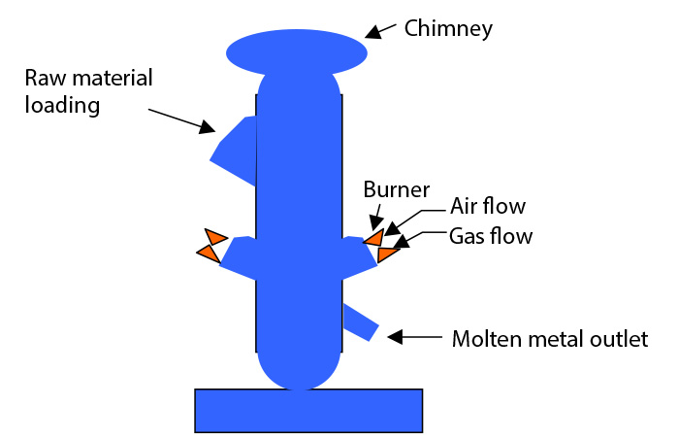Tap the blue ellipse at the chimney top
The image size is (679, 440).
297,51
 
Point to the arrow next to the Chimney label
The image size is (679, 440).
387,32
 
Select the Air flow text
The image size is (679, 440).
487,206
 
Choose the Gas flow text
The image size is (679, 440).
490,235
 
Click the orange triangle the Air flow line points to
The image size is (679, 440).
373,238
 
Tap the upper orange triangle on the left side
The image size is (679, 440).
215,237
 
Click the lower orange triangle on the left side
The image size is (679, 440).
209,253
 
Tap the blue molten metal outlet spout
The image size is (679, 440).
360,321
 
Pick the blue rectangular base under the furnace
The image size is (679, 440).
308,410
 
